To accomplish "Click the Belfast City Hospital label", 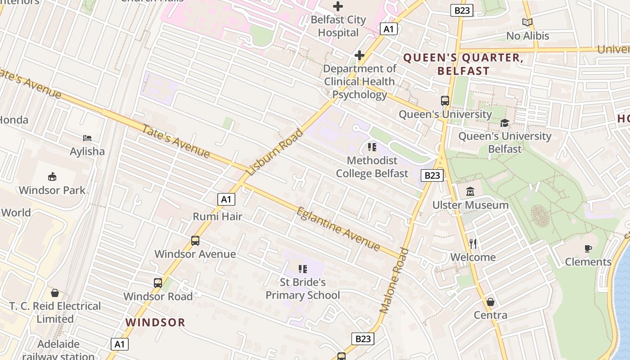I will click(338, 26).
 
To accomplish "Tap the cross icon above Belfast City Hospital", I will click(338, 6).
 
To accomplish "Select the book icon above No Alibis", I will click(527, 22).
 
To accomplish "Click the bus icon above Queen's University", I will click(445, 101).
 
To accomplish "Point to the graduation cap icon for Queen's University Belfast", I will click(504, 123).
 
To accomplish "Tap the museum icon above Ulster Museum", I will click(470, 192).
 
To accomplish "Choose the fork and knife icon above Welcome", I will click(473, 244).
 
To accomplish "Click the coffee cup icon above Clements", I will click(588, 248).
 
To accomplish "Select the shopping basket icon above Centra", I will click(490, 301).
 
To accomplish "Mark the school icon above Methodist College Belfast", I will click(372, 147).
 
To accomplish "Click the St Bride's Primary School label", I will click(303, 288).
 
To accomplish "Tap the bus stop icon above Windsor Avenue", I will click(195, 241).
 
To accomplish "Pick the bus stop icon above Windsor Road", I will click(157, 283).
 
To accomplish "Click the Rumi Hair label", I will click(217, 216).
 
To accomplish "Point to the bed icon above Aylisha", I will click(87, 138).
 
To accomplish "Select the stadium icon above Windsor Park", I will click(52, 176).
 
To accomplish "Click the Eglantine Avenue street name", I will click(338, 228).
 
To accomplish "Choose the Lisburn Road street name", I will click(275, 152).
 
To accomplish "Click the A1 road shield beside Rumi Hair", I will click(226, 199).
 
